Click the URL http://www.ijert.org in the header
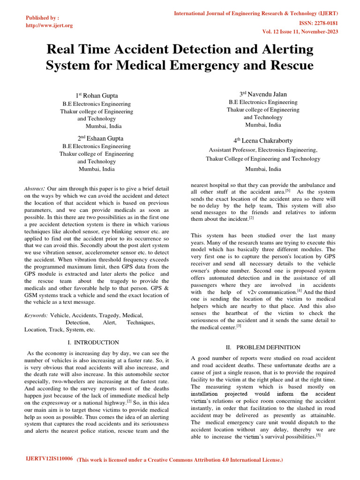[49, 25]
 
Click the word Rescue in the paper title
[290, 65]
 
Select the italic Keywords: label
[36, 316]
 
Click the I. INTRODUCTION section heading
[93, 343]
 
